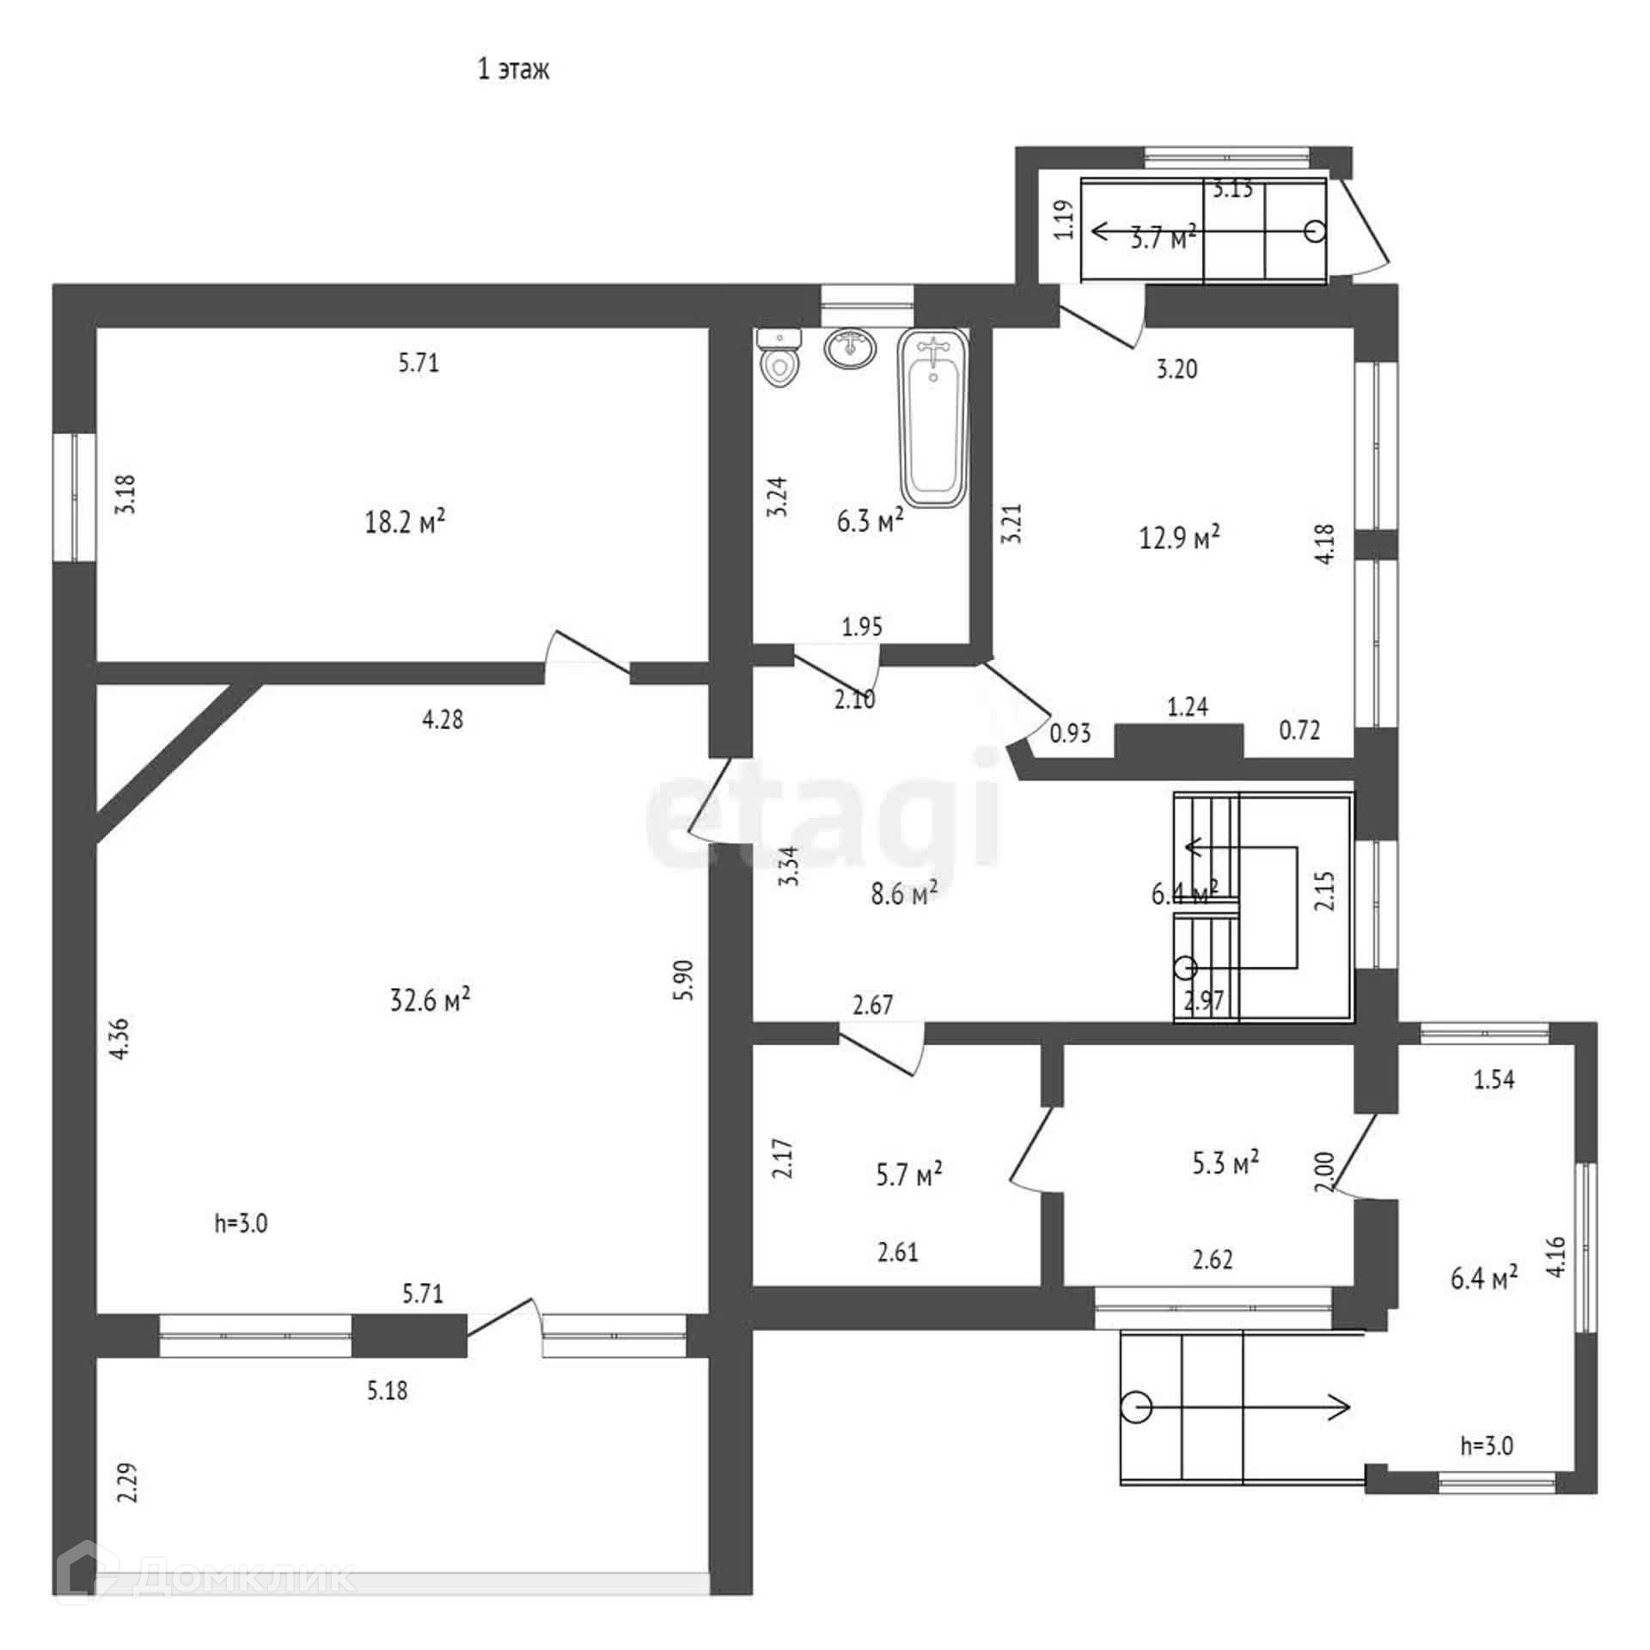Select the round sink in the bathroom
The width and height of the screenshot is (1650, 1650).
[851, 349]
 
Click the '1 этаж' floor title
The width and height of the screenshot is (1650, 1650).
[513, 70]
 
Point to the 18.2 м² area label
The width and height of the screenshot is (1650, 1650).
[405, 522]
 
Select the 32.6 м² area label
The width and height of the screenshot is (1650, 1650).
[430, 999]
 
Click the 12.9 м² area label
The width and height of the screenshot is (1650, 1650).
[1179, 538]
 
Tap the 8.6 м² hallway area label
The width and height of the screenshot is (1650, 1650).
[903, 894]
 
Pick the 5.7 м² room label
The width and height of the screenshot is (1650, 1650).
[909, 1174]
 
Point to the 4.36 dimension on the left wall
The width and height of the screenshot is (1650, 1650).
[120, 1038]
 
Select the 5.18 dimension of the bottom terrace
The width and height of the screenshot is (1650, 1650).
[388, 1390]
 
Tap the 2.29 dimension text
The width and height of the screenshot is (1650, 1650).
[127, 1482]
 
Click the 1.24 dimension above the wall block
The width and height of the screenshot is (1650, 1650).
[1188, 706]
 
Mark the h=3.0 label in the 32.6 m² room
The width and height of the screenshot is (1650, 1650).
[241, 1223]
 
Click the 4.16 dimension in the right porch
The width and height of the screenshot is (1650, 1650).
[1556, 1257]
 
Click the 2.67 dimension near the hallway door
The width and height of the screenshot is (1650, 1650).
[872, 1004]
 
